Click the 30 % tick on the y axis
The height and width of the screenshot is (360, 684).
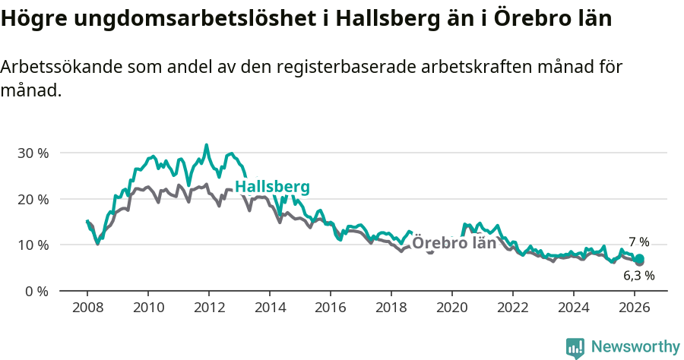[33, 153]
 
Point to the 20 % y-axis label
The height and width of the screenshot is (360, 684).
[33, 199]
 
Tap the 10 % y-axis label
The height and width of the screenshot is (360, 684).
[33, 245]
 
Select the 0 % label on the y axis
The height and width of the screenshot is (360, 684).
[36, 292]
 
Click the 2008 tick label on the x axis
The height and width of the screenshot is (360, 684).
[87, 307]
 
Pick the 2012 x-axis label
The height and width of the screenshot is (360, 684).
[209, 307]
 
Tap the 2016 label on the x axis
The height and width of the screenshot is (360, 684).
[331, 307]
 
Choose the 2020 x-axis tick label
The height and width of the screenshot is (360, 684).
[452, 307]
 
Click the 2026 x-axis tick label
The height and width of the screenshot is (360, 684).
[635, 307]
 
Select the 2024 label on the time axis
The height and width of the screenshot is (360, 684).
[574, 307]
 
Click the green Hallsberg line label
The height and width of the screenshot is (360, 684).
[272, 188]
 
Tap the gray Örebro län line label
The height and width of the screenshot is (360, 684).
[454, 243]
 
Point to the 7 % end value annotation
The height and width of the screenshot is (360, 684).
[638, 242]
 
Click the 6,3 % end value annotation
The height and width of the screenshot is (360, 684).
[638, 276]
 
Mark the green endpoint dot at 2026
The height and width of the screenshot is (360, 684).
[639, 259]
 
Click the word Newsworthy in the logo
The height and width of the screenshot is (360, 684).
[635, 347]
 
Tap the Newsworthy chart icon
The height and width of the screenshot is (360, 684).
[575, 348]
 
